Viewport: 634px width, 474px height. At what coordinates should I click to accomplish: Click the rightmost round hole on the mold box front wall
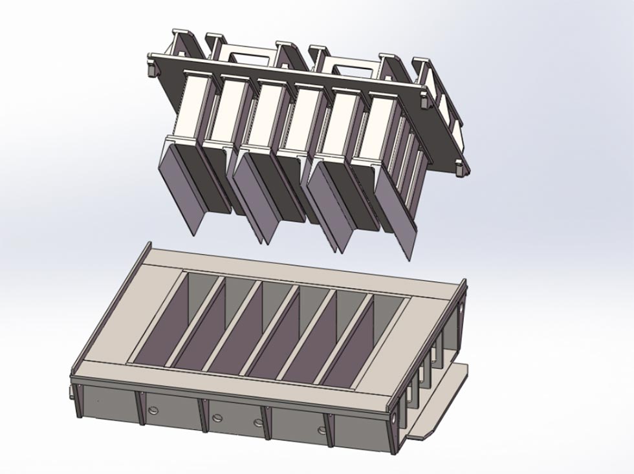(321, 430)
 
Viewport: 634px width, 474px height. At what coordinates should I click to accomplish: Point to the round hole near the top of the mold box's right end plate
(461, 311)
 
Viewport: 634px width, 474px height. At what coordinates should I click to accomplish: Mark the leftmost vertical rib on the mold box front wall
(78, 400)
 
